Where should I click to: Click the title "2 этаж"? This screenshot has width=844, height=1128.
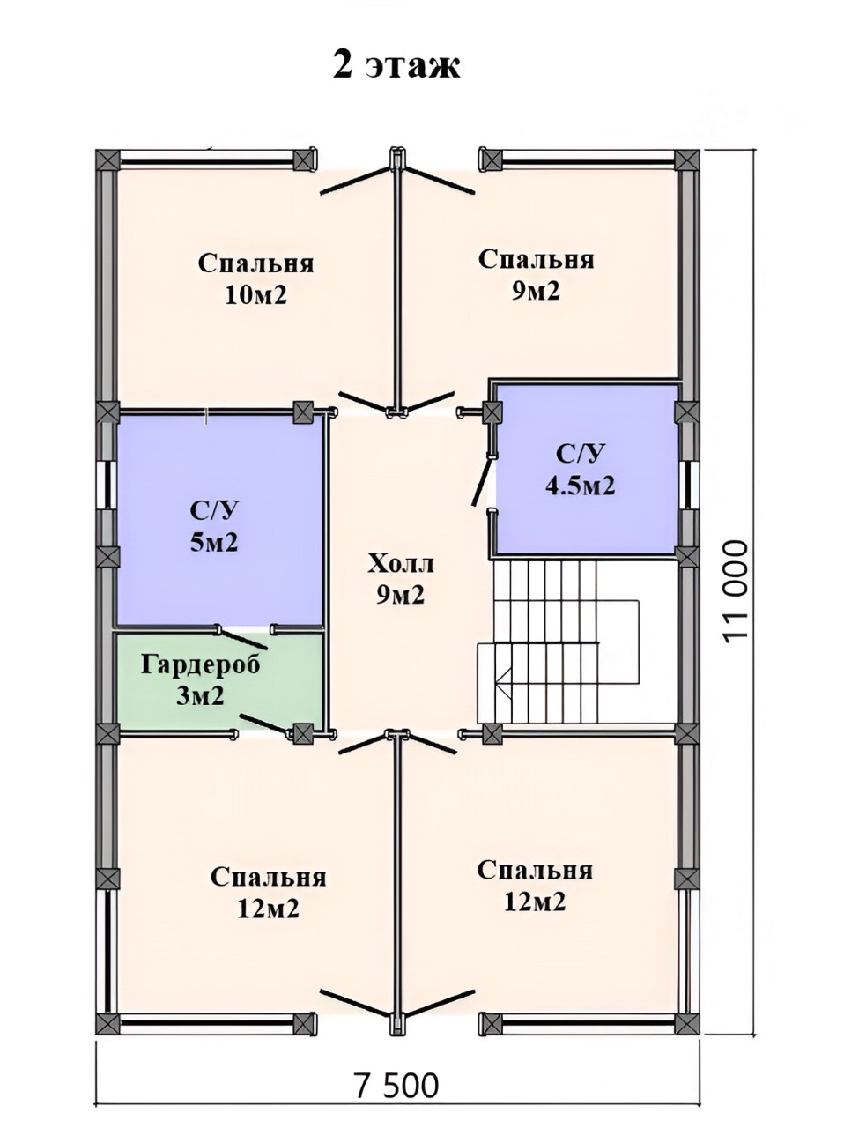(396, 65)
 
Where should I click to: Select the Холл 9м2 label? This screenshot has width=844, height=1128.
(401, 579)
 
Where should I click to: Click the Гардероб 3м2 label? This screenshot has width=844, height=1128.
(201, 680)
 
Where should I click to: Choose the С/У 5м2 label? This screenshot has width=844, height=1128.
(215, 526)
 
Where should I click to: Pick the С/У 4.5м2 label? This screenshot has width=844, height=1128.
(580, 470)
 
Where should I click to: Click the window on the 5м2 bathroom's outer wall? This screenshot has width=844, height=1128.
(108, 485)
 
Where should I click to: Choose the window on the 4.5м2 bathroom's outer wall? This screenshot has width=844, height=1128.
(689, 485)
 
